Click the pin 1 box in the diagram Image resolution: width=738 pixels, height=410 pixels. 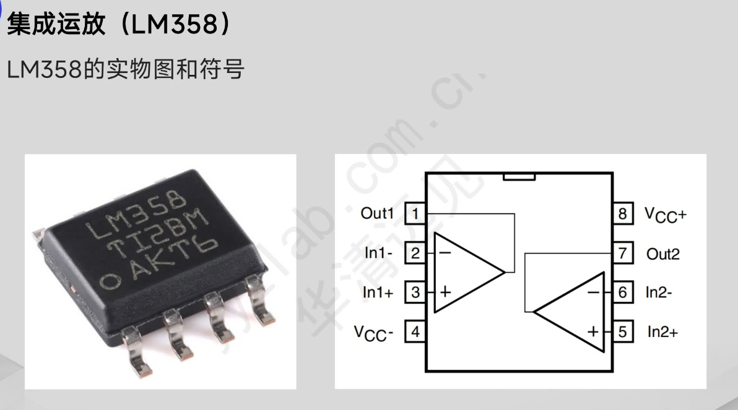point(415,214)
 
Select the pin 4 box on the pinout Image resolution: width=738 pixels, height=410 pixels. point(415,332)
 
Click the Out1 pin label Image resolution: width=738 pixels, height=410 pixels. point(377,214)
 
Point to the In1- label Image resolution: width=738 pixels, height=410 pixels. point(378,253)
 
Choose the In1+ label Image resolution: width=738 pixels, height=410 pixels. point(378,293)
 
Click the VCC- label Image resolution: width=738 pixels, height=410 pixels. point(374,333)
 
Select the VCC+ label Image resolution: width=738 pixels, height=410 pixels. point(665,215)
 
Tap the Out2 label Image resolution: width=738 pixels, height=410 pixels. point(662,254)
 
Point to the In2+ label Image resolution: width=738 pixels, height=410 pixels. point(662,332)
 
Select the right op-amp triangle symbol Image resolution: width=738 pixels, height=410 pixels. point(573,312)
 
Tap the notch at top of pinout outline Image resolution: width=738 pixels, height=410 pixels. point(519,177)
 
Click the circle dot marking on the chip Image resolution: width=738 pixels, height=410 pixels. point(111,281)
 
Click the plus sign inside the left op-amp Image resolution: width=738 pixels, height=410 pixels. point(444,293)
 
